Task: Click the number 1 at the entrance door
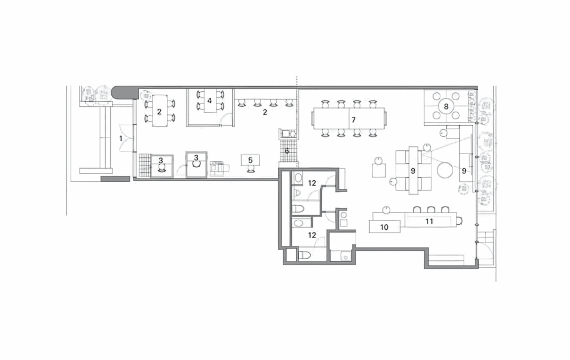point(120,137)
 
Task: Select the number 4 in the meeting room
point(209,101)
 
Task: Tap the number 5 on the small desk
point(250,160)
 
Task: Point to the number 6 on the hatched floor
point(287,151)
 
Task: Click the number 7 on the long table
point(352,119)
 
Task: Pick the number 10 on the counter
point(384,227)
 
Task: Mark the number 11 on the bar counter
point(429,221)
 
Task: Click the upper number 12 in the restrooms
point(312,183)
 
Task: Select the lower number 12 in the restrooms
point(312,235)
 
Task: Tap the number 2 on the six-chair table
point(159,112)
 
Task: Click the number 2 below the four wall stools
point(265,112)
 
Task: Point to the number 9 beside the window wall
point(463,171)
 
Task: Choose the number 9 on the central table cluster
point(413,171)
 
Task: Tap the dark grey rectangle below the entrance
point(115,179)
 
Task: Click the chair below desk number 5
point(250,170)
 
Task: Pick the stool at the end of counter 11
point(459,221)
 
